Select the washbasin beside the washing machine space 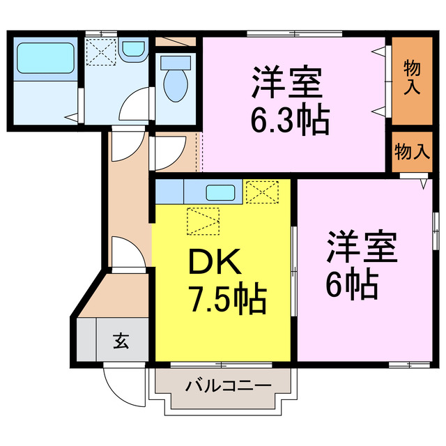coord(132,49)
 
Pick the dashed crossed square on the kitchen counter coord(261,191)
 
